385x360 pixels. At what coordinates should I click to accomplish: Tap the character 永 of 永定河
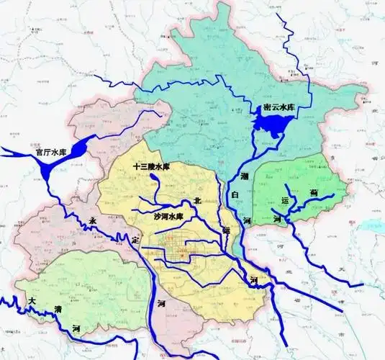click(91, 222)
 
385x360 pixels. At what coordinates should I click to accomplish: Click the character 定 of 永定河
click(135, 240)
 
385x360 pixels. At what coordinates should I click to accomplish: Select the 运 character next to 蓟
click(284, 200)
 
